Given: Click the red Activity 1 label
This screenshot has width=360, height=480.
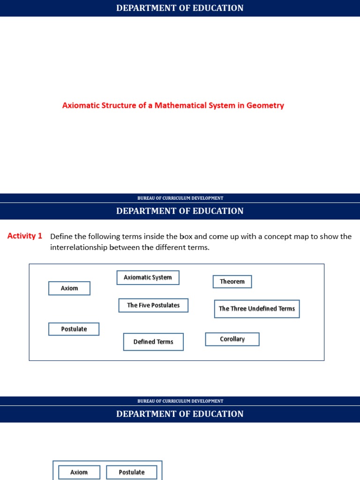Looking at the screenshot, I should point(25,236).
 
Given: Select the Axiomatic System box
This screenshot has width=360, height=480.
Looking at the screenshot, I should point(148,277).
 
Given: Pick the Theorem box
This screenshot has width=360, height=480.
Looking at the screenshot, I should point(232,282).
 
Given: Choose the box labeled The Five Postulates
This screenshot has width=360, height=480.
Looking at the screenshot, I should point(153,305).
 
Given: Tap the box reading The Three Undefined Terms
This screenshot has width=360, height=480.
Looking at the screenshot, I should point(257,309).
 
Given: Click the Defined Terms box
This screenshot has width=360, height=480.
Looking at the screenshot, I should point(153,342).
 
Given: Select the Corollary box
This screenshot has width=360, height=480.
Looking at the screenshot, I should point(232,339).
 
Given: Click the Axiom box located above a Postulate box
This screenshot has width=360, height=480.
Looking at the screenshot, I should point(69,288).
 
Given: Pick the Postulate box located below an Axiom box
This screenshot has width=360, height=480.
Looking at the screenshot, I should point(74,329).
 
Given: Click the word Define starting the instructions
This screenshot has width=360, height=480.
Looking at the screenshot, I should point(61,236).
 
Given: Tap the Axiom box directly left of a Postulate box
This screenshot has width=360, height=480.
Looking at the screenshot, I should point(79,472).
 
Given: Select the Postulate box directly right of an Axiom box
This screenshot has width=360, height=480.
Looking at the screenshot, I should point(132,472).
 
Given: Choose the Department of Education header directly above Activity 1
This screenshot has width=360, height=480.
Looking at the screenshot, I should point(180,211).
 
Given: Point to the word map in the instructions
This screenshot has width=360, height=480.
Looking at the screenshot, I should point(301,236).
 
